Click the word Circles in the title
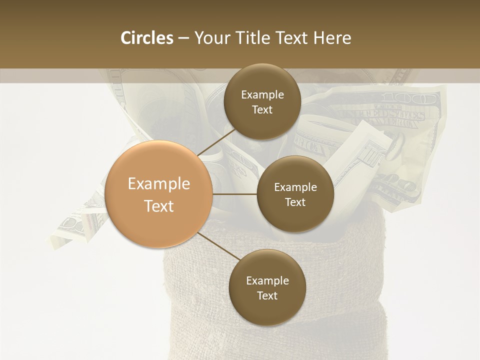point(147,38)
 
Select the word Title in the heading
point(252,38)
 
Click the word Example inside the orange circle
point(159,184)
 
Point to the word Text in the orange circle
point(159,206)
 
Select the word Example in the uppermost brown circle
point(262,94)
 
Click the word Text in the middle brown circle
point(295,202)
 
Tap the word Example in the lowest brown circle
point(267,280)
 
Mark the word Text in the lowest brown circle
point(267,295)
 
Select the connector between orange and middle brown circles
point(235,194)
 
